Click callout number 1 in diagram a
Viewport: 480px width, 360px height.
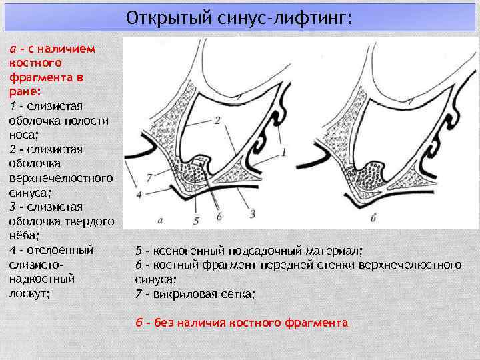[x=283, y=153]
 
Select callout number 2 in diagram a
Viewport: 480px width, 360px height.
[x=217, y=121]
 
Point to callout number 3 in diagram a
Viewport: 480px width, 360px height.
[x=253, y=213]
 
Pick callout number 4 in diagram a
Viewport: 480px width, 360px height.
[x=139, y=195]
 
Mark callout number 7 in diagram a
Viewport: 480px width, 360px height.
[x=149, y=176]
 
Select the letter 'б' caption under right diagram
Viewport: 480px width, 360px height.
[x=373, y=218]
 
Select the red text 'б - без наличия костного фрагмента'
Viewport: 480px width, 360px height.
[x=241, y=323]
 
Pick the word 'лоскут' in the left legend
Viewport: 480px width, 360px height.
[x=29, y=293]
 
